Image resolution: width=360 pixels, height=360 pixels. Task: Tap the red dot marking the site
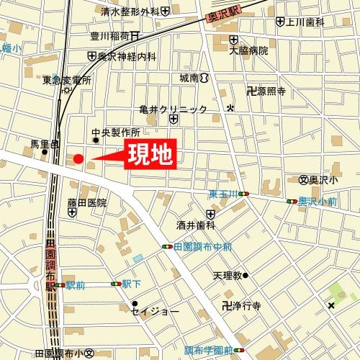pyautogui.click(x=78, y=159)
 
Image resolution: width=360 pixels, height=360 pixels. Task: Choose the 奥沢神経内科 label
pyautogui.click(x=127, y=55)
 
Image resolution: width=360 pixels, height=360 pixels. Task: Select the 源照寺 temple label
pyautogui.click(x=271, y=91)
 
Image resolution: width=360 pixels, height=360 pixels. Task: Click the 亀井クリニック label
pyautogui.click(x=174, y=109)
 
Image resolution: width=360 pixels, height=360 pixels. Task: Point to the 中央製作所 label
pyautogui.click(x=115, y=132)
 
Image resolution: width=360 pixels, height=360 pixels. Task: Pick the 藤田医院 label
pyautogui.click(x=87, y=202)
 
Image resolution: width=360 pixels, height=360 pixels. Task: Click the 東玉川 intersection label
pyautogui.click(x=223, y=193)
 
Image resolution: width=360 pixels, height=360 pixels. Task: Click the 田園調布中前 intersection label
pyautogui.click(x=203, y=246)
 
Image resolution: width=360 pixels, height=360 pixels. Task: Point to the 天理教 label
pyautogui.click(x=226, y=275)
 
